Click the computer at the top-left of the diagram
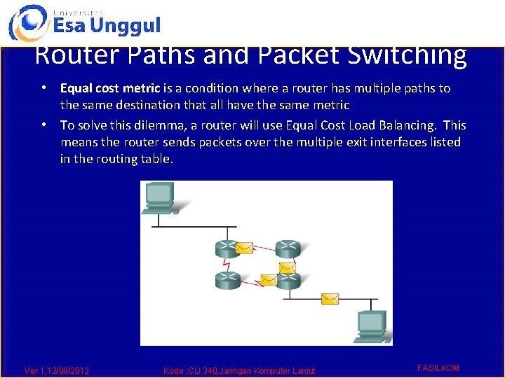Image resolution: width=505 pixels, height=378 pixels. point(160,197)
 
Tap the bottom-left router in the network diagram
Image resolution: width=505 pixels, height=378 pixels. point(227,280)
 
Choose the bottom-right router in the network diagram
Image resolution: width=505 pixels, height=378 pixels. point(288,280)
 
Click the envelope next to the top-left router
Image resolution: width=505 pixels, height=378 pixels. point(244,248)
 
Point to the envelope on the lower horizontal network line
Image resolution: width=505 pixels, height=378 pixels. point(330,299)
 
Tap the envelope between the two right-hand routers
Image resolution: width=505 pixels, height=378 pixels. point(287,267)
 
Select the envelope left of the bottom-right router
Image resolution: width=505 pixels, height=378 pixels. point(269,280)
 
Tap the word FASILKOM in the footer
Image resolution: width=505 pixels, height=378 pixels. point(438,367)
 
